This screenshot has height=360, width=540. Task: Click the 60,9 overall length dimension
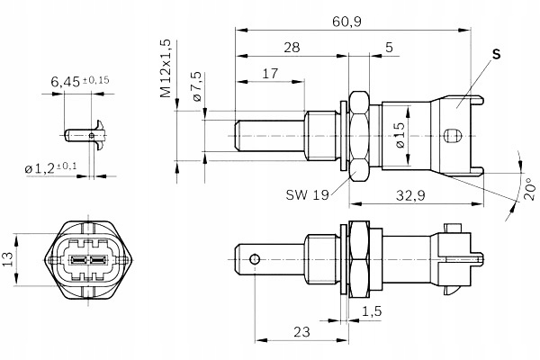point(352,20)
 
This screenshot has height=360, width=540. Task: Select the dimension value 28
point(290,48)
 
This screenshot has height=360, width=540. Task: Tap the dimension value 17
point(269,74)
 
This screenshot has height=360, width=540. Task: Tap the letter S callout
point(495,55)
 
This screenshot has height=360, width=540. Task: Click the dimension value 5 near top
point(387,48)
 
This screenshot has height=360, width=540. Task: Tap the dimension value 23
point(301,332)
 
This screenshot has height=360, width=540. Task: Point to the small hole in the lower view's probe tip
point(256,259)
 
